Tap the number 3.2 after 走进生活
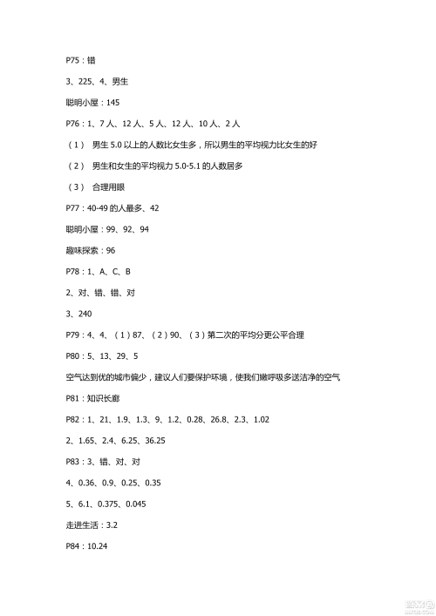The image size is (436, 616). coord(112,525)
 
